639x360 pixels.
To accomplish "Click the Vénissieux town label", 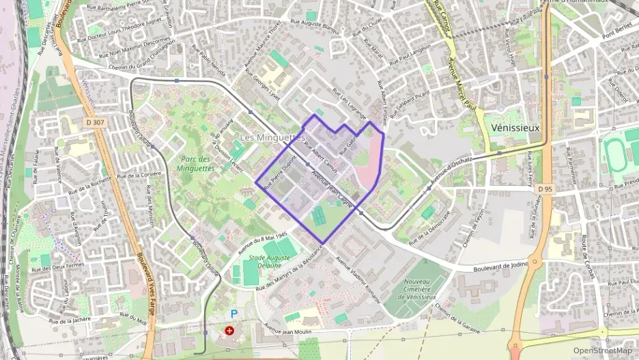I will coord(515,128).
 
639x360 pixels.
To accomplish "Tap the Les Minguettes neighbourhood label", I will coord(272,137).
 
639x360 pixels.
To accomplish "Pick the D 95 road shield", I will coord(544,189).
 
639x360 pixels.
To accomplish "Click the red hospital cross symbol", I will coord(229,330).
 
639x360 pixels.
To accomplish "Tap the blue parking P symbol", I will coord(234,314).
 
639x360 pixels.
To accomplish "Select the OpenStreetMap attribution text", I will coord(602,351).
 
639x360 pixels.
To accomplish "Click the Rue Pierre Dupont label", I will coord(281,173).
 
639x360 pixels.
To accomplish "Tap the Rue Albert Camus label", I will coord(320,157).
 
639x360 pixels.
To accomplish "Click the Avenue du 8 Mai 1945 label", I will coord(262,245).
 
